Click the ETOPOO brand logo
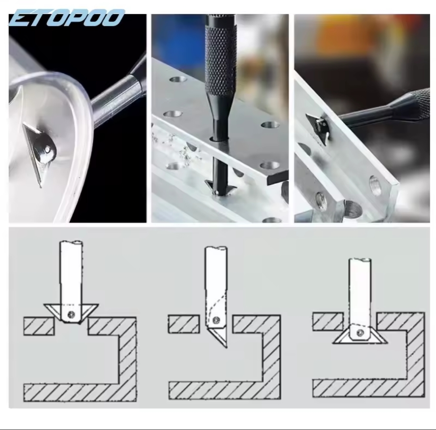pos(67,17)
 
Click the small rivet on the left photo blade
pos(48,150)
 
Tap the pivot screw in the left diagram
pos(71,314)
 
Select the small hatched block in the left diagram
pos(39,326)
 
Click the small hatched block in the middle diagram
pos(184,324)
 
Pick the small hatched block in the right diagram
pos(328,321)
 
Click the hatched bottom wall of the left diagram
pos(80,392)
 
